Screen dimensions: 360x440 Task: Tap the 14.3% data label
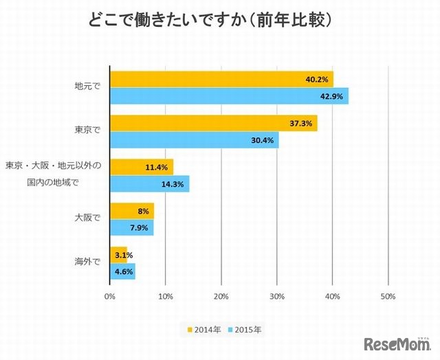point(173,185)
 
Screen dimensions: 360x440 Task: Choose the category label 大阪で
point(87,218)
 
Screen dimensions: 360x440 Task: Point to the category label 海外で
point(87,262)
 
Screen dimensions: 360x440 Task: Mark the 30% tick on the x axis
point(277,297)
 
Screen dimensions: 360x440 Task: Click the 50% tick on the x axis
point(388,297)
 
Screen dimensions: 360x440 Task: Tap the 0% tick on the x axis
point(109,297)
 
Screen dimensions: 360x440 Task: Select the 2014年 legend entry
point(204,330)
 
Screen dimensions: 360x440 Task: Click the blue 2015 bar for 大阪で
point(132,227)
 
